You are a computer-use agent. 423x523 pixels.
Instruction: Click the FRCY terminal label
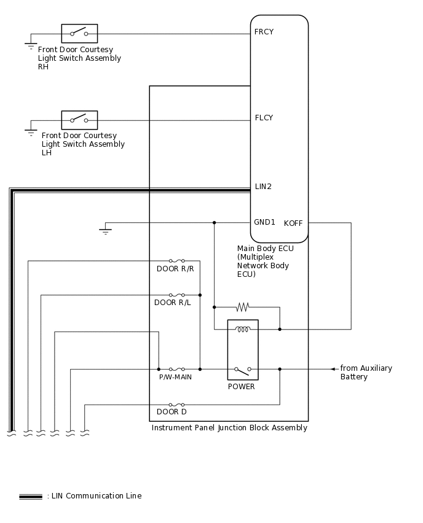pos(264,32)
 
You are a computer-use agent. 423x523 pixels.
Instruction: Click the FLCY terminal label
pos(264,118)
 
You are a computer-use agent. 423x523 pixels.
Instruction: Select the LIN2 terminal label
pos(263,187)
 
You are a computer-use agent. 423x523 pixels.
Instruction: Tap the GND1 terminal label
pos(264,222)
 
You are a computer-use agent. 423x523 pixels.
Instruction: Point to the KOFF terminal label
pos(293,223)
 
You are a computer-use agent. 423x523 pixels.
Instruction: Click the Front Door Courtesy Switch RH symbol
pos(79,33)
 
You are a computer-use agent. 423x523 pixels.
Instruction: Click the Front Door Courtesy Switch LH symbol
pos(79,120)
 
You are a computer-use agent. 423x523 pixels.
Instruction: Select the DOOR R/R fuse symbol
pos(176,261)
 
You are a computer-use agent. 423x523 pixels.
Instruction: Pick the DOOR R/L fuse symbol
pos(176,295)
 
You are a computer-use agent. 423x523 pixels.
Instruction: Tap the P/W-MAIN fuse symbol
pos(176,369)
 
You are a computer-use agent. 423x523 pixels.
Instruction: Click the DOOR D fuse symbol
pos(176,405)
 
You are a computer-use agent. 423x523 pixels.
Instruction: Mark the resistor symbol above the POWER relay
pos(243,307)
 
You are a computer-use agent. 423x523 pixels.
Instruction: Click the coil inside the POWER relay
pos(243,330)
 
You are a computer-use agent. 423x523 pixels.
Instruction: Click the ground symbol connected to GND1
pos(105,231)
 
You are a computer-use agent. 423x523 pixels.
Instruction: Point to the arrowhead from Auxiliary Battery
pos(333,369)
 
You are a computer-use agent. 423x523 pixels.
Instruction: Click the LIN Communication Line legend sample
pos(31,496)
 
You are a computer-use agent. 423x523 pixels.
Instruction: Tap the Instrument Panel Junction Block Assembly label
pos(229,428)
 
